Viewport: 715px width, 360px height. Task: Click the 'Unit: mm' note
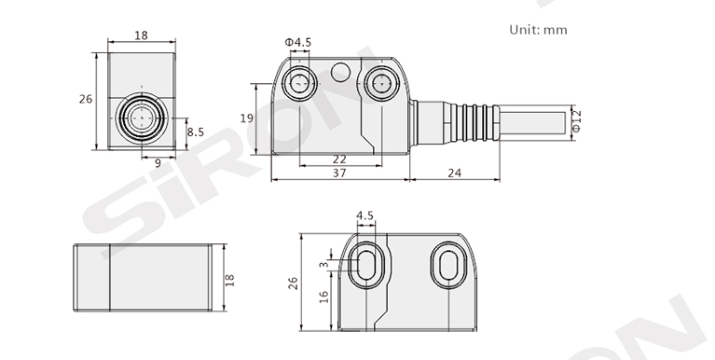[x=538, y=30]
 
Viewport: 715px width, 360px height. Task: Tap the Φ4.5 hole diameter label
[x=298, y=42]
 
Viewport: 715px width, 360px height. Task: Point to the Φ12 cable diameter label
[x=576, y=121]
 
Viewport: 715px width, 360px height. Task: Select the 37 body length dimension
[x=339, y=173]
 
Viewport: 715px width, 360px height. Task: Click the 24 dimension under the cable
[x=454, y=173]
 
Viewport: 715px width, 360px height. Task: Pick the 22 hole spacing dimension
[x=339, y=159]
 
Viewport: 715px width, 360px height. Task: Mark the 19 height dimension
[x=247, y=118]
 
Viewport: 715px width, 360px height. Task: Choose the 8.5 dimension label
[x=196, y=132]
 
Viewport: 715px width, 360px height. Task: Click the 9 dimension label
[x=158, y=163]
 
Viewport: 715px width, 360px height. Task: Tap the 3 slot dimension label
[x=323, y=265]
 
